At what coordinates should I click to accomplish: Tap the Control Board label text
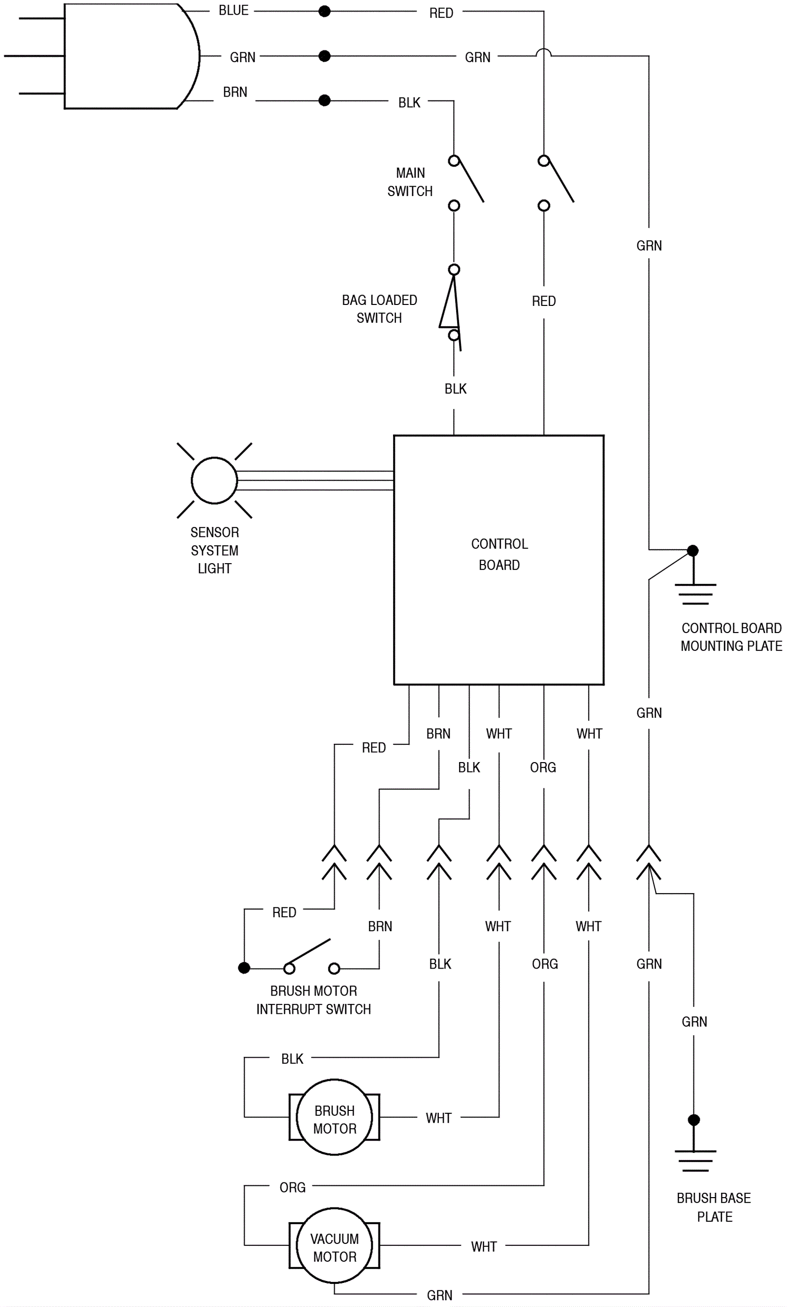pos(499,554)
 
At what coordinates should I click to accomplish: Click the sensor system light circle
pos(214,480)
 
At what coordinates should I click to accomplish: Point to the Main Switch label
pos(410,182)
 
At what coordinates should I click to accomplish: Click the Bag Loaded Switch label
pos(379,309)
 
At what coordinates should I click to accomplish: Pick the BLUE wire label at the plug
pos(233,11)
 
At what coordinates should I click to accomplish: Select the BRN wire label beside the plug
pos(235,92)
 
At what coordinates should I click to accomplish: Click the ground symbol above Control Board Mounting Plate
pos(694,593)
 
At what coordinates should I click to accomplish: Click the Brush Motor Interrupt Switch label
pos(313,1000)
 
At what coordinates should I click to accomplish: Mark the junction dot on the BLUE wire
pos(325,11)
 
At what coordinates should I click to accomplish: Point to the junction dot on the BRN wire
pos(325,100)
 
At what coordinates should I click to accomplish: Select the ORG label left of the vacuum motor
pos(292,1187)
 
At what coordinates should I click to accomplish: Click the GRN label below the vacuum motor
pos(440,1295)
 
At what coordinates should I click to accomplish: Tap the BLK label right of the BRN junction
pos(409,102)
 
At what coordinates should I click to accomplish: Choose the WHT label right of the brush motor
pos(438,1118)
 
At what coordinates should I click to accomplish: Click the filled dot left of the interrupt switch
pos(244,968)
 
